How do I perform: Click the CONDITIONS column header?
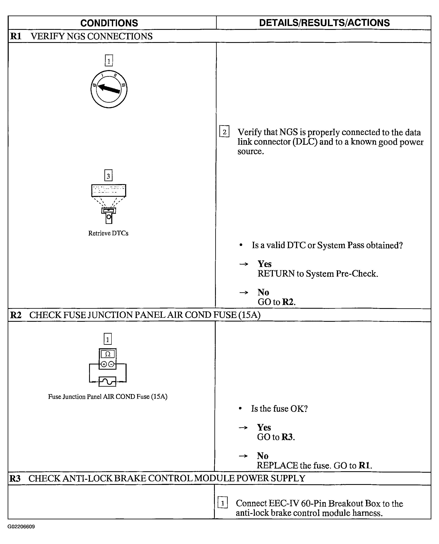coord(109,23)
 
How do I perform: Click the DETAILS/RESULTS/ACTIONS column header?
coord(324,23)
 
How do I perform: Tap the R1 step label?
coord(16,36)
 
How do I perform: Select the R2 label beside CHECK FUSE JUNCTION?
coord(16,315)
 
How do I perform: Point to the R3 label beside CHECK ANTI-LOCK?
coord(15,478)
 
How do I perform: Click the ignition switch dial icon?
coord(109,89)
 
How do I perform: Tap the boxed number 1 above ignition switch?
coord(109,61)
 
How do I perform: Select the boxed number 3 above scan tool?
coord(108,175)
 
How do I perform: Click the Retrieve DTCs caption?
coord(108,233)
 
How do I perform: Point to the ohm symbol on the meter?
coord(108,354)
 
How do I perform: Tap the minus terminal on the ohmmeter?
coord(111,364)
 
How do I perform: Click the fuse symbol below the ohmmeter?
coord(108,381)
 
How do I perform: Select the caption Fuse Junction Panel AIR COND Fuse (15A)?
coord(108,396)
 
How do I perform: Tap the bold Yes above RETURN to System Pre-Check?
coord(265,264)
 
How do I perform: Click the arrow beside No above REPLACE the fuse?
coord(243,456)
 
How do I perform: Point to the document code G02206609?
coord(21,527)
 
